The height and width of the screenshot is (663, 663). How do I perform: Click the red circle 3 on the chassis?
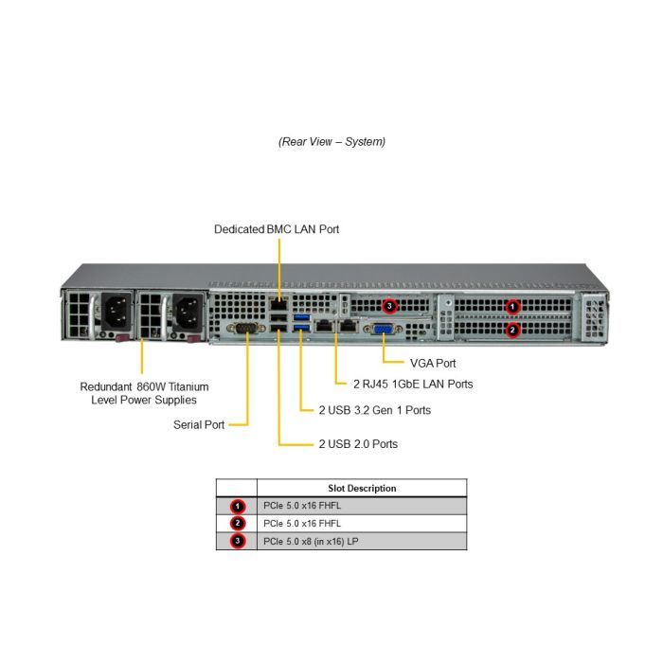click(390, 306)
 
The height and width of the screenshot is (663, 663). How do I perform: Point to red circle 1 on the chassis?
click(512, 306)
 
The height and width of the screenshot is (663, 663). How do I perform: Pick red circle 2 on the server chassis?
click(512, 330)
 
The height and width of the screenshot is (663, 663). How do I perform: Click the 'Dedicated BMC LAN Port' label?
click(277, 229)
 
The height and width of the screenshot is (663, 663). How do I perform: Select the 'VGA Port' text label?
click(433, 363)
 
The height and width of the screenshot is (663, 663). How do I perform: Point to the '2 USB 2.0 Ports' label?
click(357, 443)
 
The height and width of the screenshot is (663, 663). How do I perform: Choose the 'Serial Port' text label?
click(199, 424)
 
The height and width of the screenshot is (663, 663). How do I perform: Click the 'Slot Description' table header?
click(362, 488)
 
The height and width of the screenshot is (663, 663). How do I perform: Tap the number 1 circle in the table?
click(238, 506)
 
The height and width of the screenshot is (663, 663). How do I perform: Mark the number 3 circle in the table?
click(238, 541)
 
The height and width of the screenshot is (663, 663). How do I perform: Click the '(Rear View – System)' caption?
click(331, 141)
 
